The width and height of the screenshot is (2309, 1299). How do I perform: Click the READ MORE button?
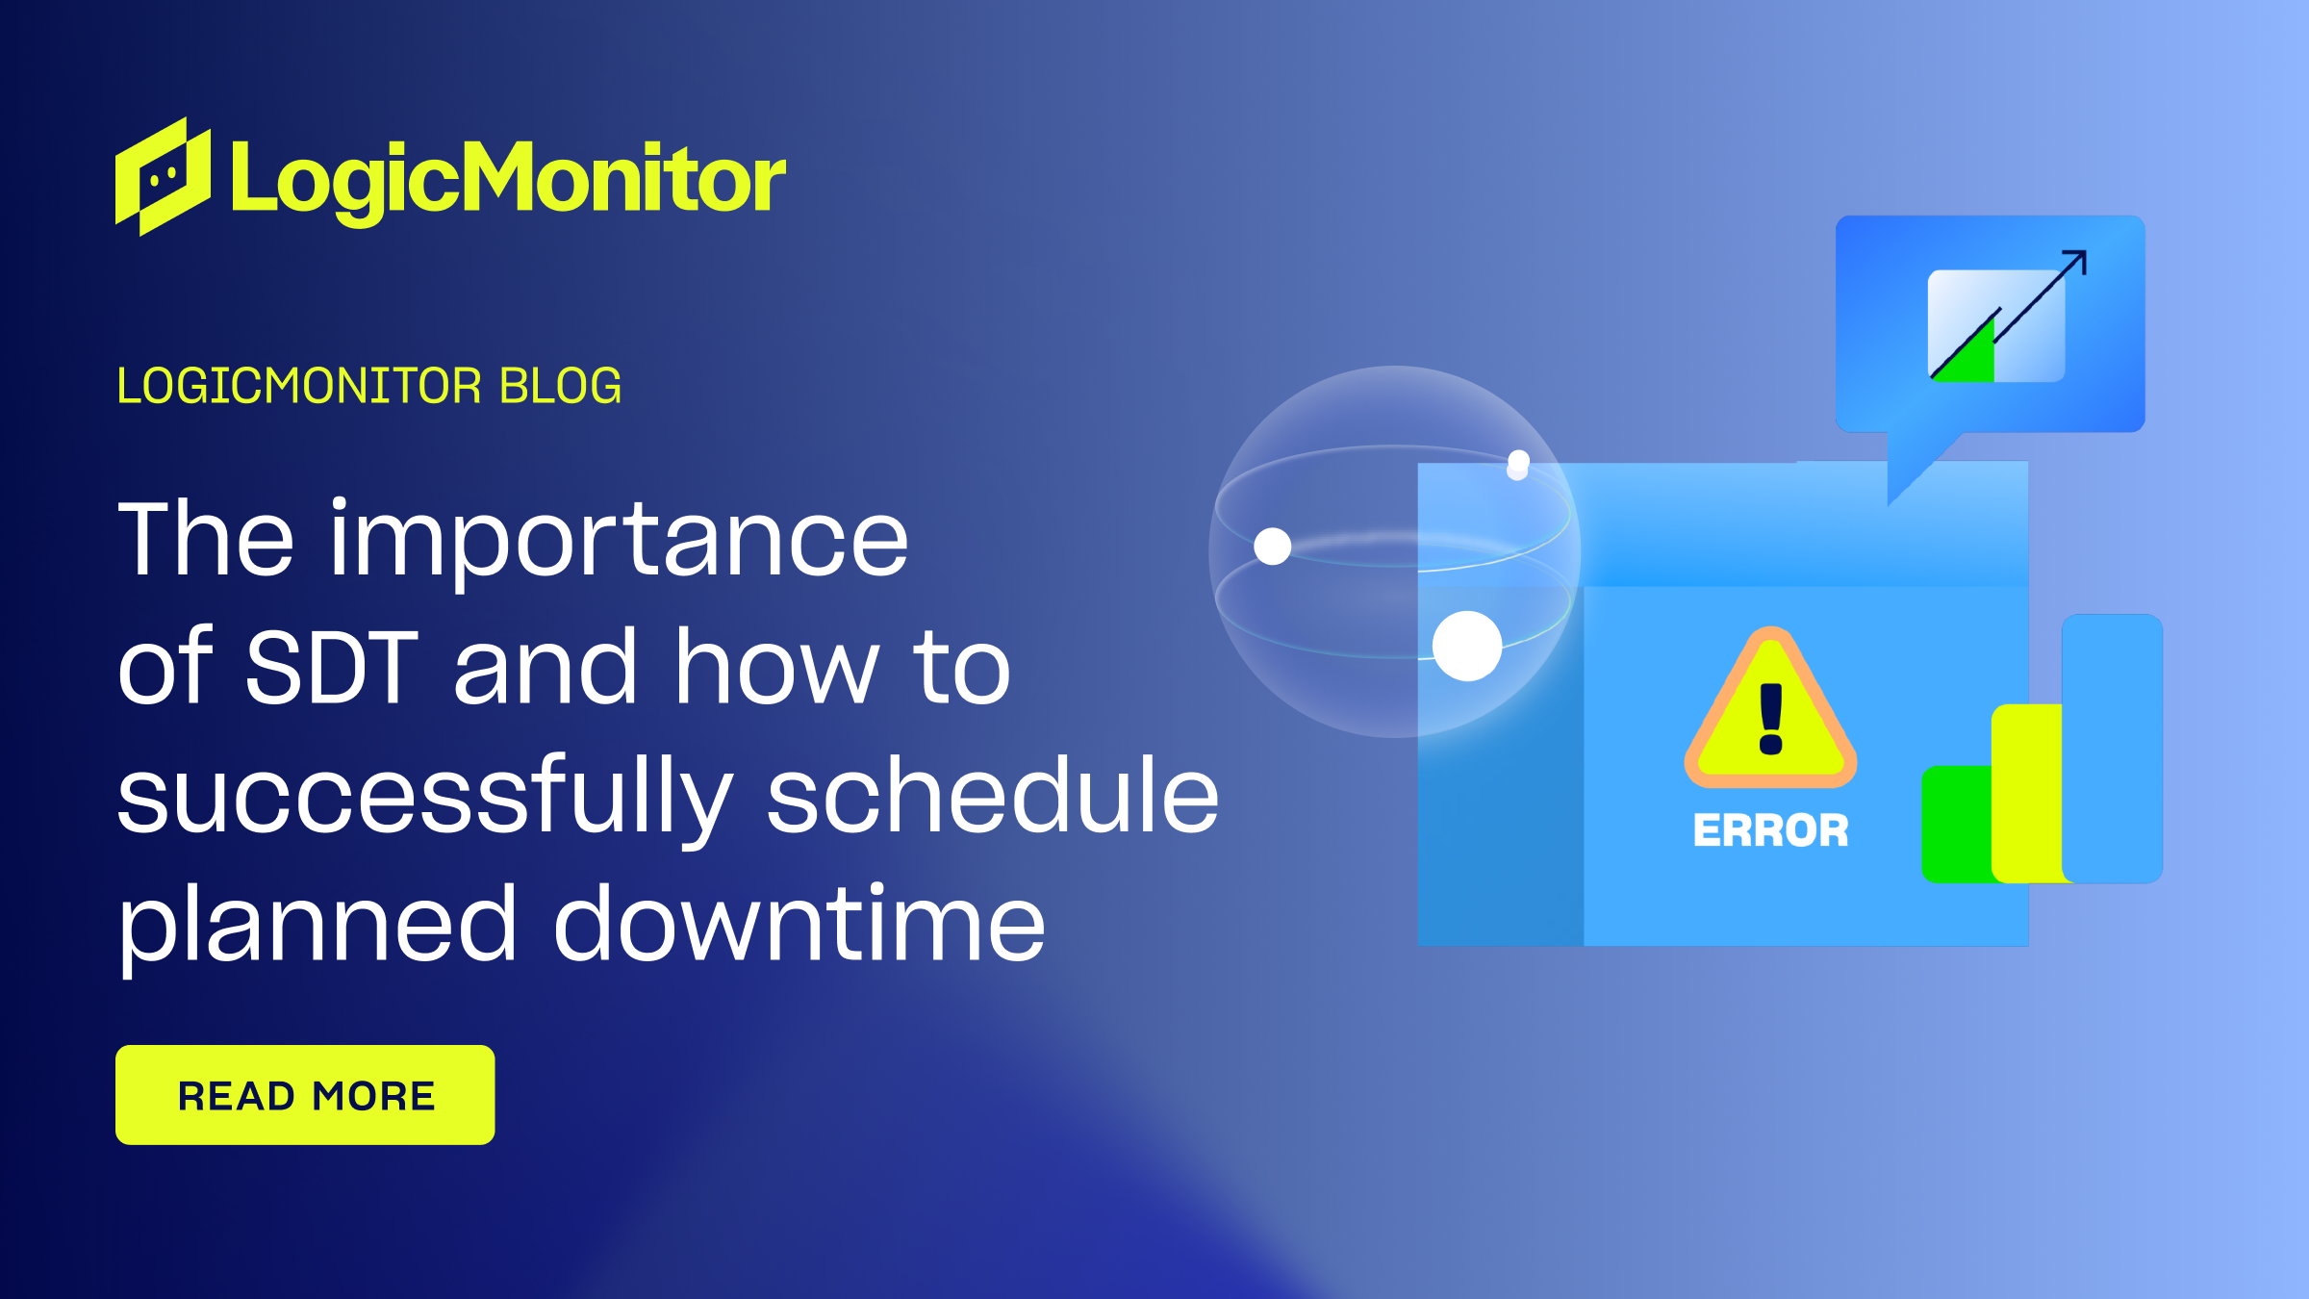pos(305,1095)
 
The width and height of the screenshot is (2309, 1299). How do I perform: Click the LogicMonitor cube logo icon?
pos(162,177)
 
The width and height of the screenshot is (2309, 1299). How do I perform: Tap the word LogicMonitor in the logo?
pos(508,179)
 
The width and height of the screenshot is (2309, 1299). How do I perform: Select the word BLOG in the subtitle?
pos(560,387)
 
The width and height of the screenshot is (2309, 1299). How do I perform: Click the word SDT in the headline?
pos(332,667)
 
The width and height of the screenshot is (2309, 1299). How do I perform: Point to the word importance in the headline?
pos(619,541)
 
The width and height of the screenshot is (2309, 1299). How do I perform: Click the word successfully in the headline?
pos(424,797)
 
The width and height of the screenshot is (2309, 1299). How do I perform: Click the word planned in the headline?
pos(317,926)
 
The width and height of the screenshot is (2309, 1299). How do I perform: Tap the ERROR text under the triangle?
pos(1770,830)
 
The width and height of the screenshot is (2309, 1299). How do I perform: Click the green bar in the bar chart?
pos(1955,824)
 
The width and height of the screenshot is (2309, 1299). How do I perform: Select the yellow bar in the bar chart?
pos(2026,793)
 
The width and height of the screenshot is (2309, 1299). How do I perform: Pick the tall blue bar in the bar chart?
pos(2113,749)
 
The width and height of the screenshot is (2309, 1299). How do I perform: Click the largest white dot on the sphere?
pos(1467,646)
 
